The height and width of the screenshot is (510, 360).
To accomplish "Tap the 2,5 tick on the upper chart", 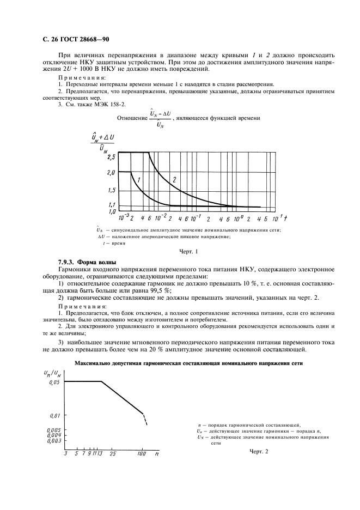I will coord(112,157).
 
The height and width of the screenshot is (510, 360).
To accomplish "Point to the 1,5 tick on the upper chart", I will coord(112,190).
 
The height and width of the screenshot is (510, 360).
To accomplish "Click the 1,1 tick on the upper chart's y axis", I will coord(112,204).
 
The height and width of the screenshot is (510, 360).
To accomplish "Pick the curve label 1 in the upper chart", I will coord(139,180).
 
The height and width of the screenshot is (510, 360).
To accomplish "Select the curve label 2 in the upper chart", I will coord(174,179).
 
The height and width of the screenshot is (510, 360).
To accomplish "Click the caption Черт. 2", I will coord(259,451).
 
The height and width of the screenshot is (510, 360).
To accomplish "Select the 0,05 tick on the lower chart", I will coord(49,383).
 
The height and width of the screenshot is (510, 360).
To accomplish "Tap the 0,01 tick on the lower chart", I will coord(49,415).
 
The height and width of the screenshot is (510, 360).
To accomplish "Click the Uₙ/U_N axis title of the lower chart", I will coord(52,372).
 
